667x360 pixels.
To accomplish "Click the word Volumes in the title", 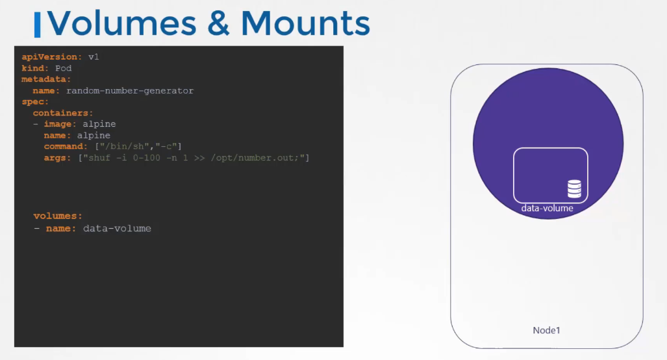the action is pyautogui.click(x=122, y=23).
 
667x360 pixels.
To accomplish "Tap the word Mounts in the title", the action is pyautogui.click(x=305, y=23).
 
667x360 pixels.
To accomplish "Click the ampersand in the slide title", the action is pyautogui.click(x=219, y=23).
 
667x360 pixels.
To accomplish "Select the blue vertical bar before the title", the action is pyautogui.click(x=38, y=25).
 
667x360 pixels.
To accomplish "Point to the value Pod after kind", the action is pyautogui.click(x=64, y=68).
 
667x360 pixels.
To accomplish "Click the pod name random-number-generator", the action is pyautogui.click(x=130, y=90).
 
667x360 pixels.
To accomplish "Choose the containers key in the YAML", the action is pyautogui.click(x=62, y=113).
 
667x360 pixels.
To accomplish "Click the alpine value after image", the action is pyautogui.click(x=99, y=124).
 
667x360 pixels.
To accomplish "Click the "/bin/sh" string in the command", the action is pyautogui.click(x=124, y=146).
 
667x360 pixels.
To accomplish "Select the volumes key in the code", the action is pyautogui.click(x=58, y=216).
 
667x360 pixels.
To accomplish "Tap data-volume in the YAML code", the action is pyautogui.click(x=117, y=229).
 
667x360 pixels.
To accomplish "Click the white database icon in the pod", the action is pyautogui.click(x=574, y=189).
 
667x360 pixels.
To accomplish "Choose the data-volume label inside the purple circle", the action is pyautogui.click(x=547, y=209).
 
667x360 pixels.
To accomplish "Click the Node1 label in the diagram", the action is pyautogui.click(x=547, y=330).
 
